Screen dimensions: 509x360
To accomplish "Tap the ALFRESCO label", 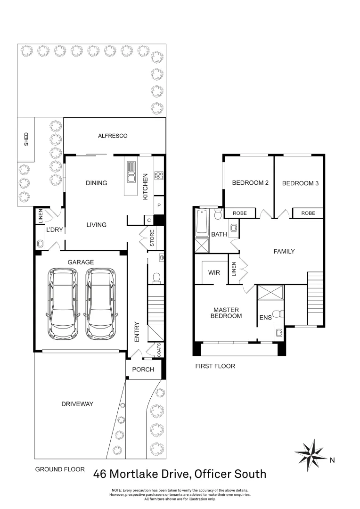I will coord(113,136).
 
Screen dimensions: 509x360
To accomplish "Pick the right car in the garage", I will coord(100,304).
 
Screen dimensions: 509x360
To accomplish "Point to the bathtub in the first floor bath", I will coord(202,222).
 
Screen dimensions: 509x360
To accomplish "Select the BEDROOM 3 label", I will coord(300,183).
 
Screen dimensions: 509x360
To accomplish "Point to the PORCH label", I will coord(143,369).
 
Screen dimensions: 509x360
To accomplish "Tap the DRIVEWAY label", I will coord(78,404).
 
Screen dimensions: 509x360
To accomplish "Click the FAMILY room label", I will coord(284,251).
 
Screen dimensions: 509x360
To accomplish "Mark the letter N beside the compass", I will coord(332,460).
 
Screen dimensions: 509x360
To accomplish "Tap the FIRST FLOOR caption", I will coord(214,366).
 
